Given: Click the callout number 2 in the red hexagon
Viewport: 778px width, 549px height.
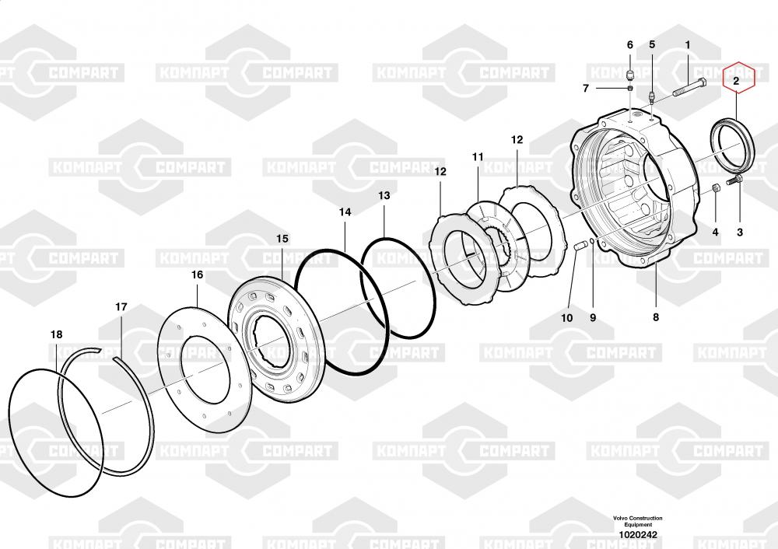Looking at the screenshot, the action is [736, 80].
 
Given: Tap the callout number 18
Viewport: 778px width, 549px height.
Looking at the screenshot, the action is [57, 334].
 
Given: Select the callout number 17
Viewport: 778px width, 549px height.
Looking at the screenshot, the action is [121, 307].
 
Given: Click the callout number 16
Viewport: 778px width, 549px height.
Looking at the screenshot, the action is [197, 274].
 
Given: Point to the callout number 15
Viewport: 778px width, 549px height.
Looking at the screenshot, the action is [282, 239].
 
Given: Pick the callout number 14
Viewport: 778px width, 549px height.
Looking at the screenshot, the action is [345, 212].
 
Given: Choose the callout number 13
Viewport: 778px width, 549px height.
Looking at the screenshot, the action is [384, 196].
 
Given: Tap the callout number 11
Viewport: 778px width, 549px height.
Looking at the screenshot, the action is [478, 157].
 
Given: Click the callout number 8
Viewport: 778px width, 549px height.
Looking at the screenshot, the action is [655, 317].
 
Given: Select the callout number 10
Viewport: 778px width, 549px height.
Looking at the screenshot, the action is [566, 318].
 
